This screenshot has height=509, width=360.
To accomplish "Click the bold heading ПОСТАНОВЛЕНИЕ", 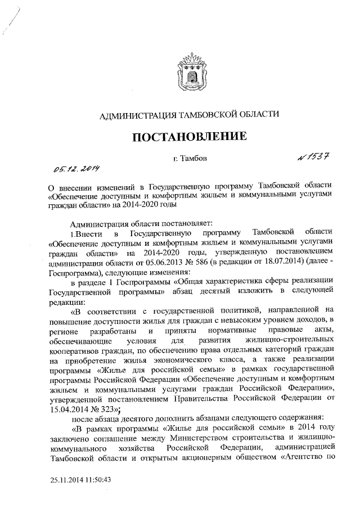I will pyautogui.click(x=189, y=137).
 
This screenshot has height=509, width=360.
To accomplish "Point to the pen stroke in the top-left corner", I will pyautogui.click(x=10, y=21).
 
